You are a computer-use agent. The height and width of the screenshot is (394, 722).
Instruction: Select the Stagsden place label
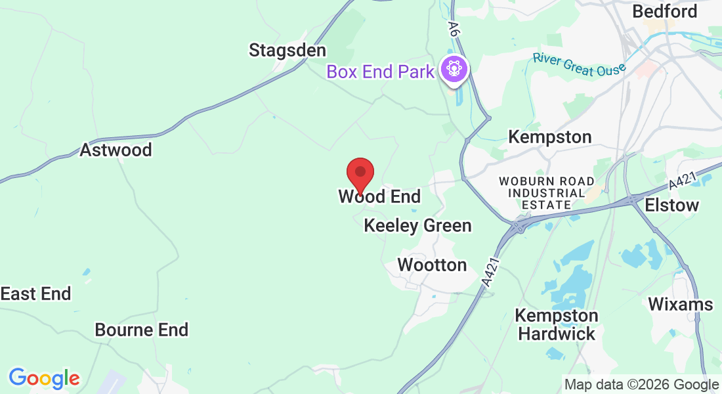coord(287,50)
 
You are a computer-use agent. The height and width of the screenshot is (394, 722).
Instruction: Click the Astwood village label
coord(116,150)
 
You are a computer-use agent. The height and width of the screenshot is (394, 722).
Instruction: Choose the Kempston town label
coord(550,137)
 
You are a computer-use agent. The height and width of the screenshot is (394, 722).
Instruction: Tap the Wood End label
coord(379,196)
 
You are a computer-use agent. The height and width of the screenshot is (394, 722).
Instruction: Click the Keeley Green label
coord(417,225)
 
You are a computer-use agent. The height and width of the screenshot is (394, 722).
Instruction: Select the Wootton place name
coord(432,265)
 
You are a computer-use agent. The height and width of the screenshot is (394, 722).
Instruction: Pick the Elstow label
coord(671,205)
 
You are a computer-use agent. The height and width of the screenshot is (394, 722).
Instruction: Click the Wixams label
coord(680,304)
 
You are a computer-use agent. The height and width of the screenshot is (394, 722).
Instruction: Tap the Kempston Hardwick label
coord(556,324)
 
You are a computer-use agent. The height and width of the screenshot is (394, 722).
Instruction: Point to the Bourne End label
coord(142,329)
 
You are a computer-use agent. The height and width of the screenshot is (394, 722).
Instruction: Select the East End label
coord(35,294)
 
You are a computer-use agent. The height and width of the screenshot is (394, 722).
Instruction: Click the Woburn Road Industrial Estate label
coord(546,192)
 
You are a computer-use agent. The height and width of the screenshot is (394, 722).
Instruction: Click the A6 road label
coord(452,28)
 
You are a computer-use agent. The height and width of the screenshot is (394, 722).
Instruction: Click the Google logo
coord(44,378)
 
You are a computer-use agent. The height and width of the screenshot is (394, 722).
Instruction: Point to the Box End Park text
coord(381,71)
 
